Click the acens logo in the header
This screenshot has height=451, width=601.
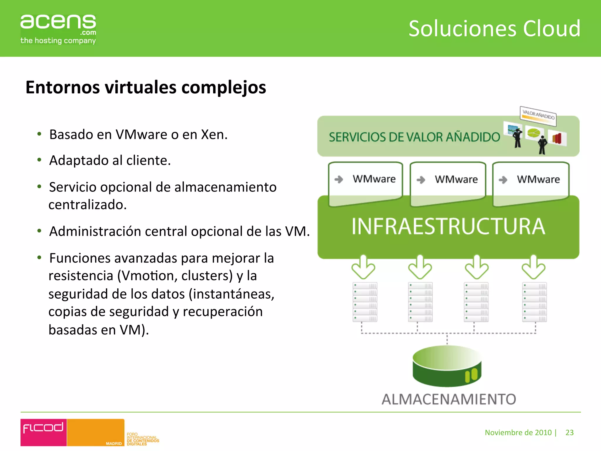(x=58, y=29)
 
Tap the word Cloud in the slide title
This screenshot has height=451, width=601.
(x=551, y=29)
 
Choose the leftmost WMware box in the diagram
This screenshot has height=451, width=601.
(x=365, y=182)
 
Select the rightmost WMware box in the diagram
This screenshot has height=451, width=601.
(x=531, y=182)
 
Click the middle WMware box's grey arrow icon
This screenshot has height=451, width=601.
(x=421, y=180)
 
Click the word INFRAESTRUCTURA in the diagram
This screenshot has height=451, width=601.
(x=448, y=226)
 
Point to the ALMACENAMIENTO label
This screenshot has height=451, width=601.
(x=449, y=399)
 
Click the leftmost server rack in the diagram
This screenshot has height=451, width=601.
(x=365, y=302)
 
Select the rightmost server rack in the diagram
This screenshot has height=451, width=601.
(x=534, y=302)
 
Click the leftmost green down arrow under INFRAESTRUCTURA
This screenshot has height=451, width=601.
(x=363, y=267)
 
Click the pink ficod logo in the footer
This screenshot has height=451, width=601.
(x=43, y=432)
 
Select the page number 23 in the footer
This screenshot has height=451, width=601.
(x=569, y=433)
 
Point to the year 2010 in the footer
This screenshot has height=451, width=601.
(x=543, y=433)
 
